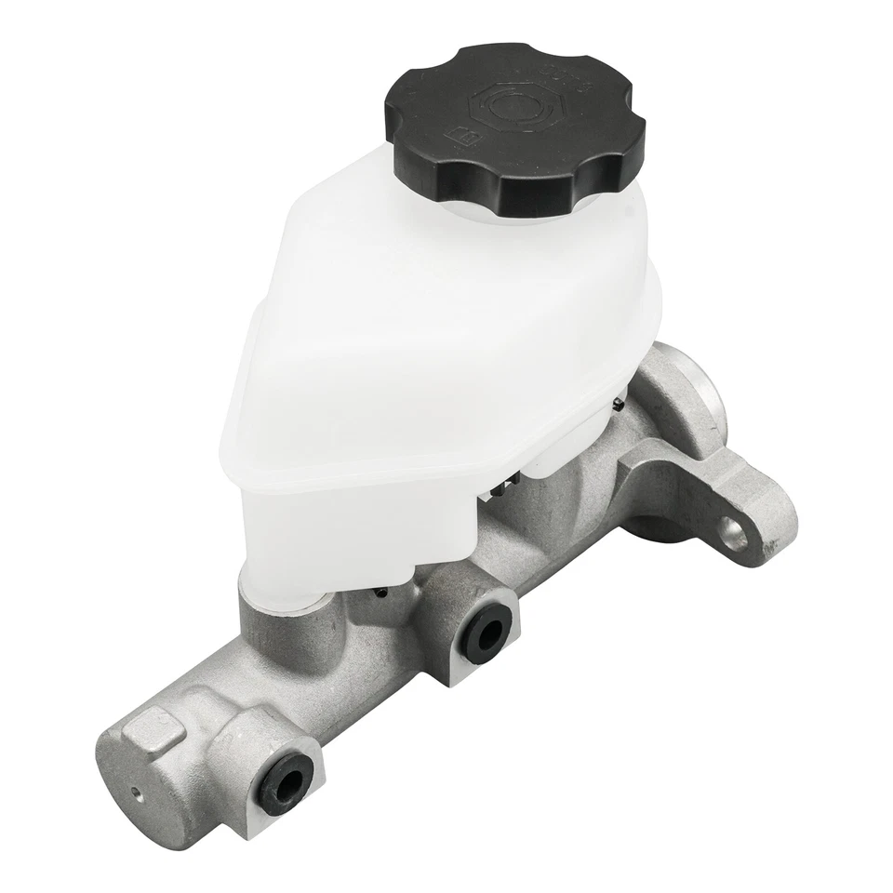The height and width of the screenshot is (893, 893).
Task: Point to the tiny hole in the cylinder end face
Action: (137, 793)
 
